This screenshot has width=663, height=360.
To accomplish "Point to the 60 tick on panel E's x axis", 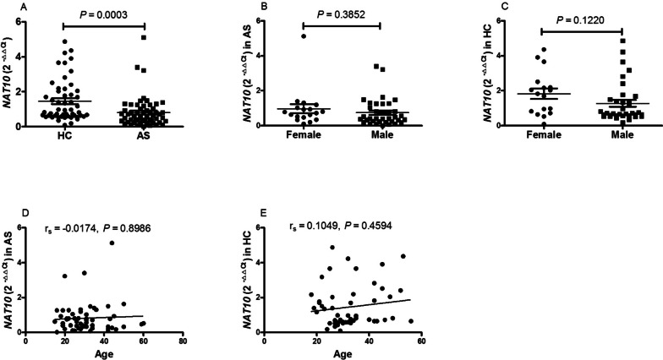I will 420,339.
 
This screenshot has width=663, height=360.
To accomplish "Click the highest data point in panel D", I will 112,243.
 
